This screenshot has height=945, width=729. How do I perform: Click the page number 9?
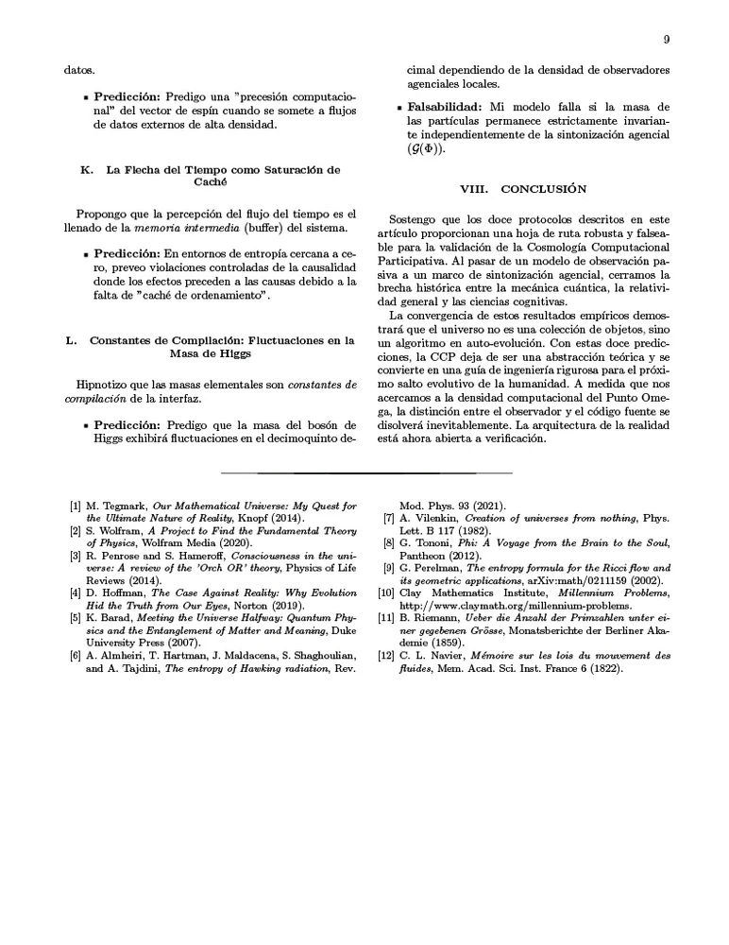pos(667,40)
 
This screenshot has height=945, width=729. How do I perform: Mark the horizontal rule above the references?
pos(364,472)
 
